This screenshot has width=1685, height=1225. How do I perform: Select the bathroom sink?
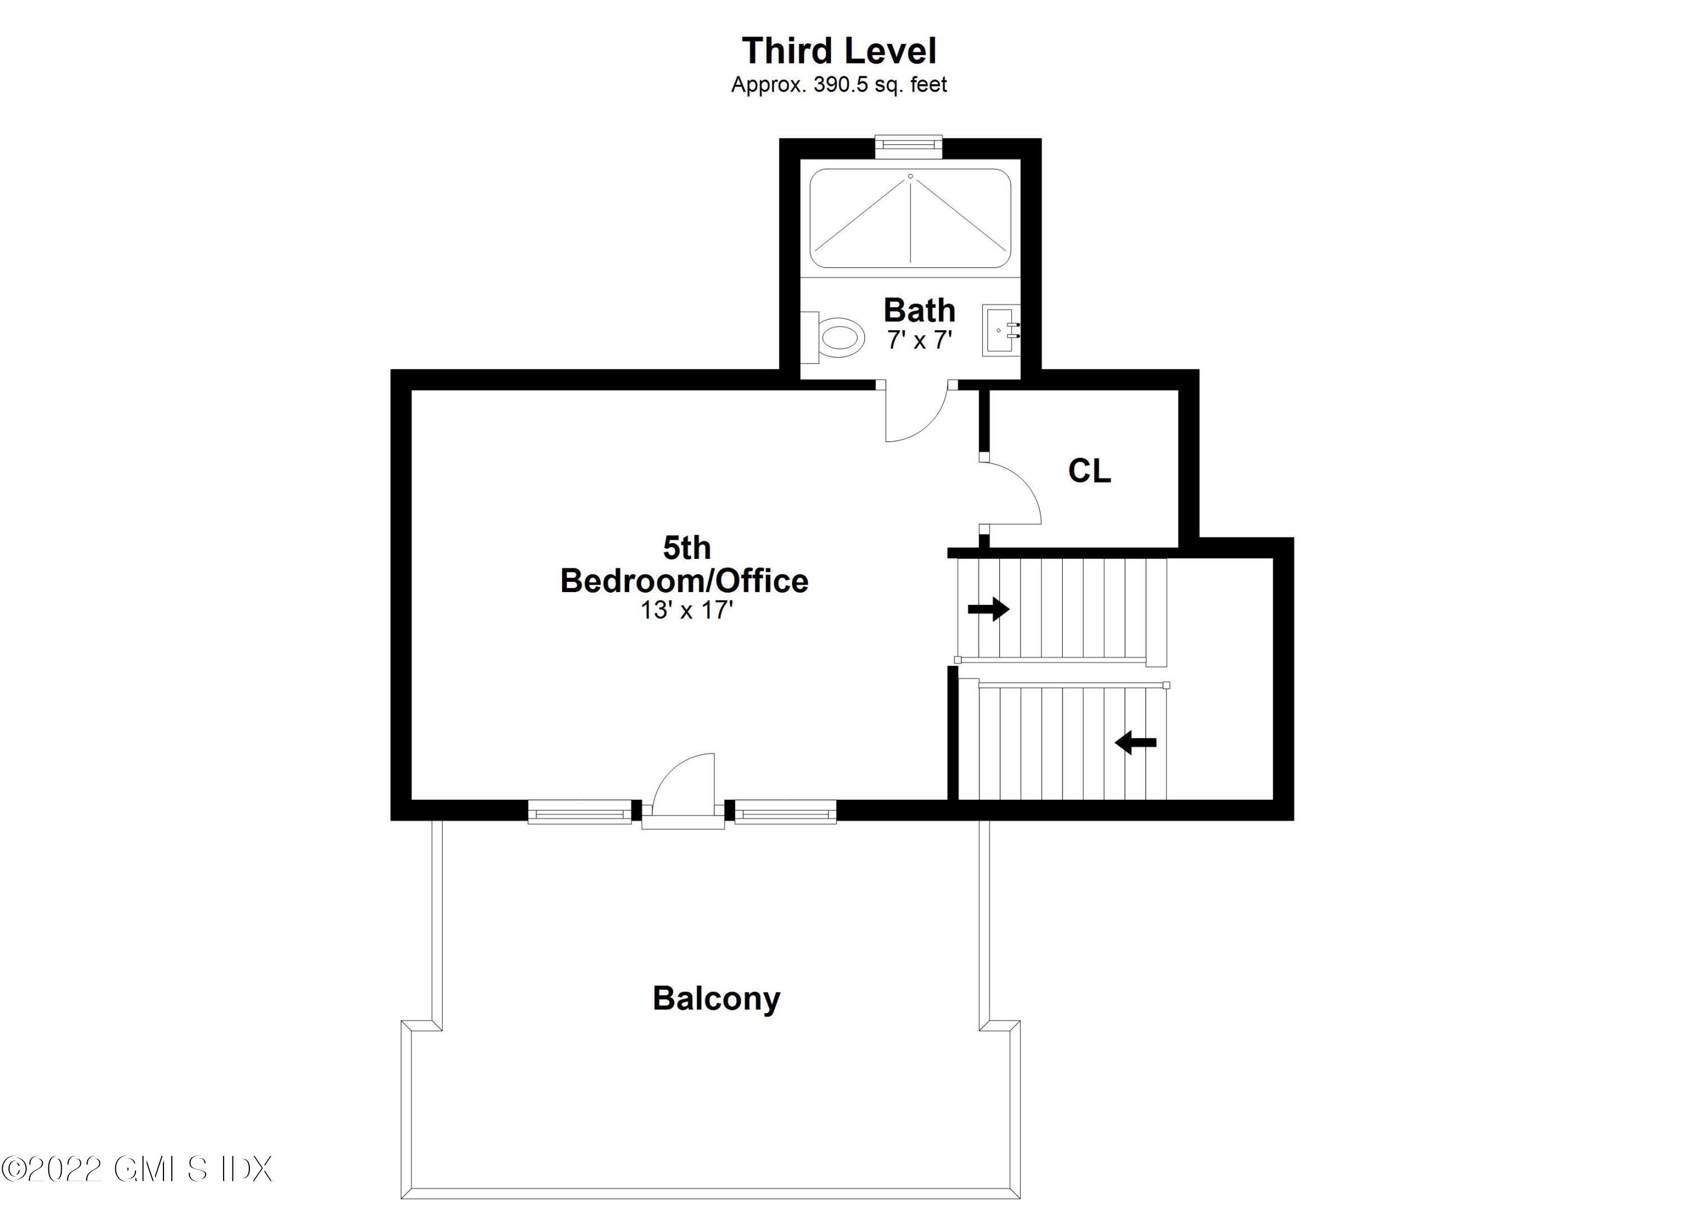pyautogui.click(x=1001, y=330)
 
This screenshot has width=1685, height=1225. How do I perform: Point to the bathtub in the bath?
pyautogui.click(x=910, y=218)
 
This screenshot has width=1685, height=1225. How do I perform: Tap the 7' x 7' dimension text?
pyautogui.click(x=920, y=340)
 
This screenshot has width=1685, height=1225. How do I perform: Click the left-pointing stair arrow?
pyautogui.click(x=1136, y=742)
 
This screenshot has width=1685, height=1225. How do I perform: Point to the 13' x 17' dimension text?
pyautogui.click(x=687, y=611)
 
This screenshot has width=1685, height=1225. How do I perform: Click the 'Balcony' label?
pyautogui.click(x=716, y=999)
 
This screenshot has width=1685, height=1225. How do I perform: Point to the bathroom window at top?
pyautogui.click(x=909, y=147)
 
